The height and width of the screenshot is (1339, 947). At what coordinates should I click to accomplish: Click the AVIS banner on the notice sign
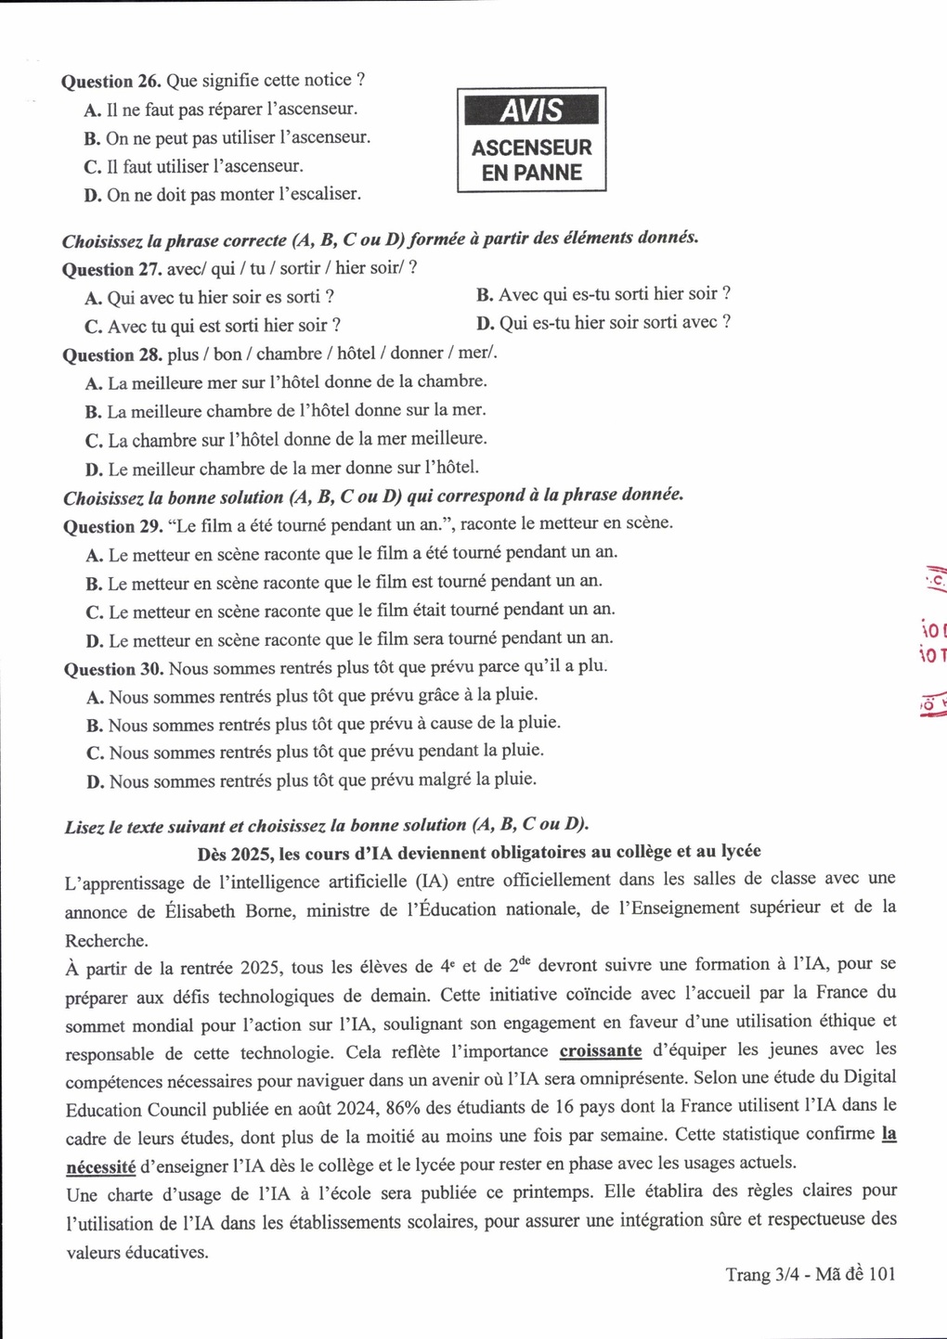[531, 110]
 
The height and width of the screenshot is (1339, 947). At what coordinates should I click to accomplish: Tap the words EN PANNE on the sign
[531, 173]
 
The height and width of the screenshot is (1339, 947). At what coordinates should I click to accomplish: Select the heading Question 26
[111, 81]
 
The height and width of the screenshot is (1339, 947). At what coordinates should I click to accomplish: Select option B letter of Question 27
[484, 295]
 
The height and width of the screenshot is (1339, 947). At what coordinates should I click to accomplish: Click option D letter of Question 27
[485, 323]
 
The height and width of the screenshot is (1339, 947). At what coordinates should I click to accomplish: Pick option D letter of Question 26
[92, 196]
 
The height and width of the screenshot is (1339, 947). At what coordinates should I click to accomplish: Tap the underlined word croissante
[601, 1050]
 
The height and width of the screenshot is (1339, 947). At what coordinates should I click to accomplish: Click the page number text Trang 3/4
[761, 1274]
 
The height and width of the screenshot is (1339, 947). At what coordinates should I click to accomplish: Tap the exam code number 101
[880, 1274]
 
